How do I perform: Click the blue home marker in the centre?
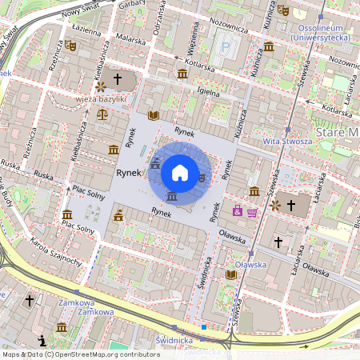click(x=179, y=172)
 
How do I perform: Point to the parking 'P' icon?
click(x=225, y=47)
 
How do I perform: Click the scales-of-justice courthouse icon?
click(x=102, y=114)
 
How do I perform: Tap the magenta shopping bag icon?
click(x=238, y=210)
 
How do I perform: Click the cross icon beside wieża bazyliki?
click(x=118, y=79)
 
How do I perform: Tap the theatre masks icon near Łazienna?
click(x=70, y=47)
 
